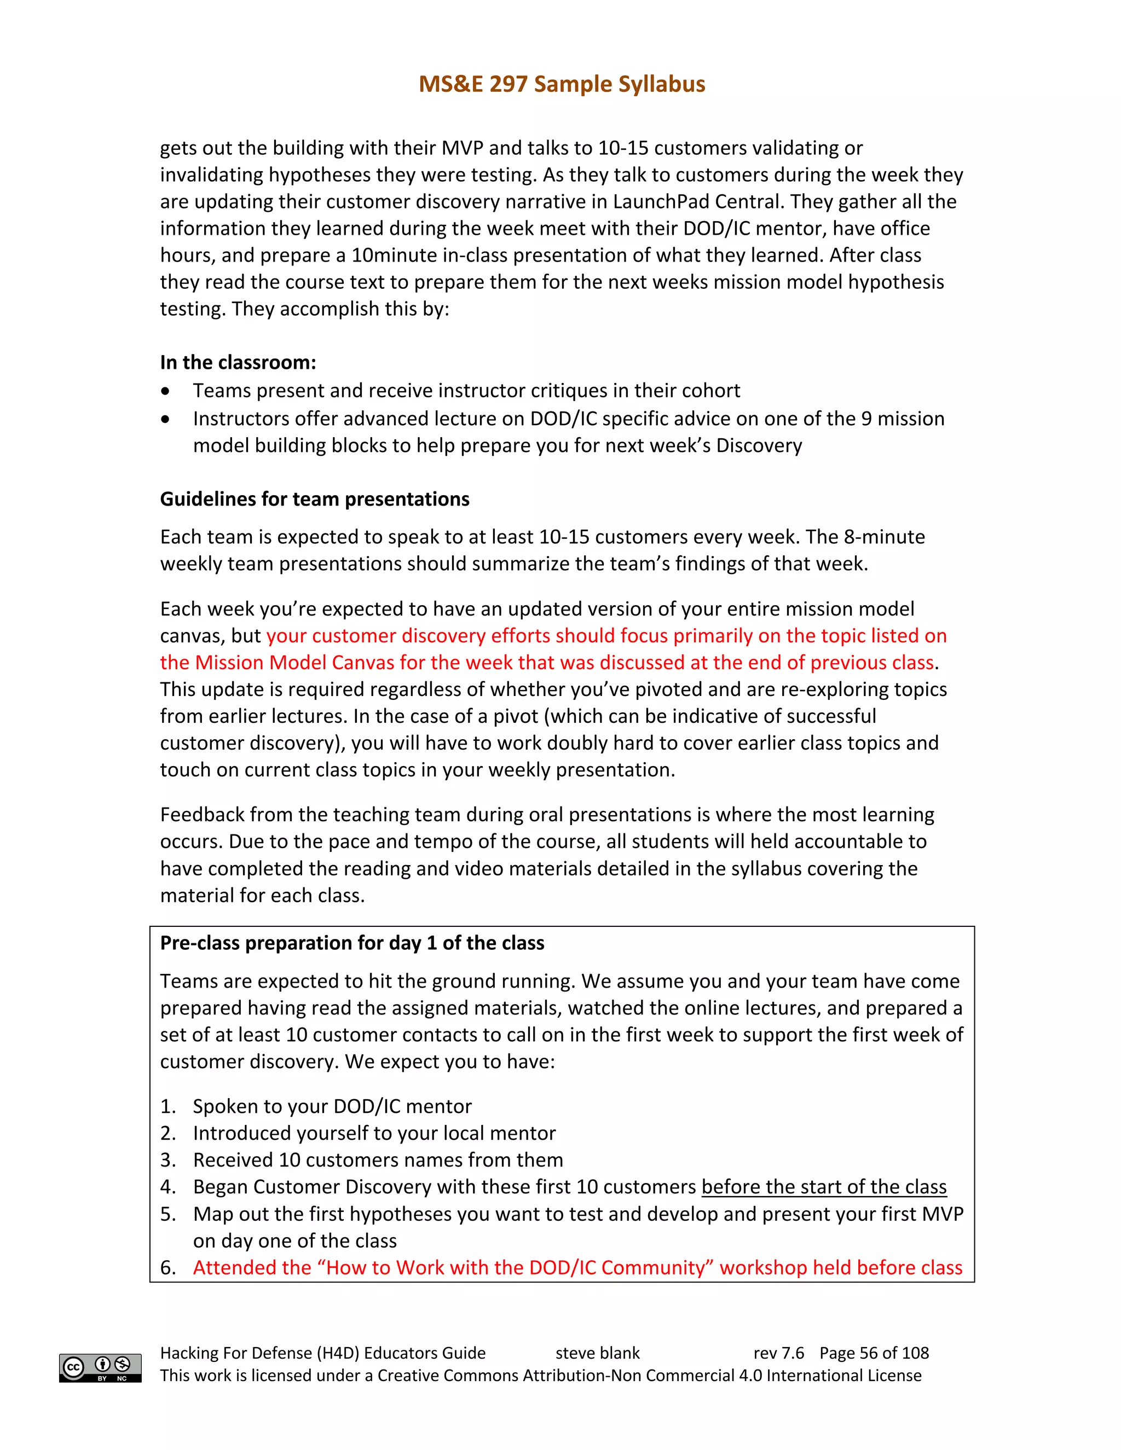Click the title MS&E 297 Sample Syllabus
[561, 84]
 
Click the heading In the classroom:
[238, 362]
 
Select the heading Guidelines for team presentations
[314, 498]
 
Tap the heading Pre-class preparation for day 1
[351, 943]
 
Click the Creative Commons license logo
[100, 1368]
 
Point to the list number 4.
[167, 1187]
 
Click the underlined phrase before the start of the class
[823, 1187]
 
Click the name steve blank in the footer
[597, 1353]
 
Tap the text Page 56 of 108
[874, 1353]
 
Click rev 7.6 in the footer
[778, 1353]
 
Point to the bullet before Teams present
[165, 392]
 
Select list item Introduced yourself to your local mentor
[374, 1133]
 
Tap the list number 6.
[167, 1268]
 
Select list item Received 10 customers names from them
[377, 1160]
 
